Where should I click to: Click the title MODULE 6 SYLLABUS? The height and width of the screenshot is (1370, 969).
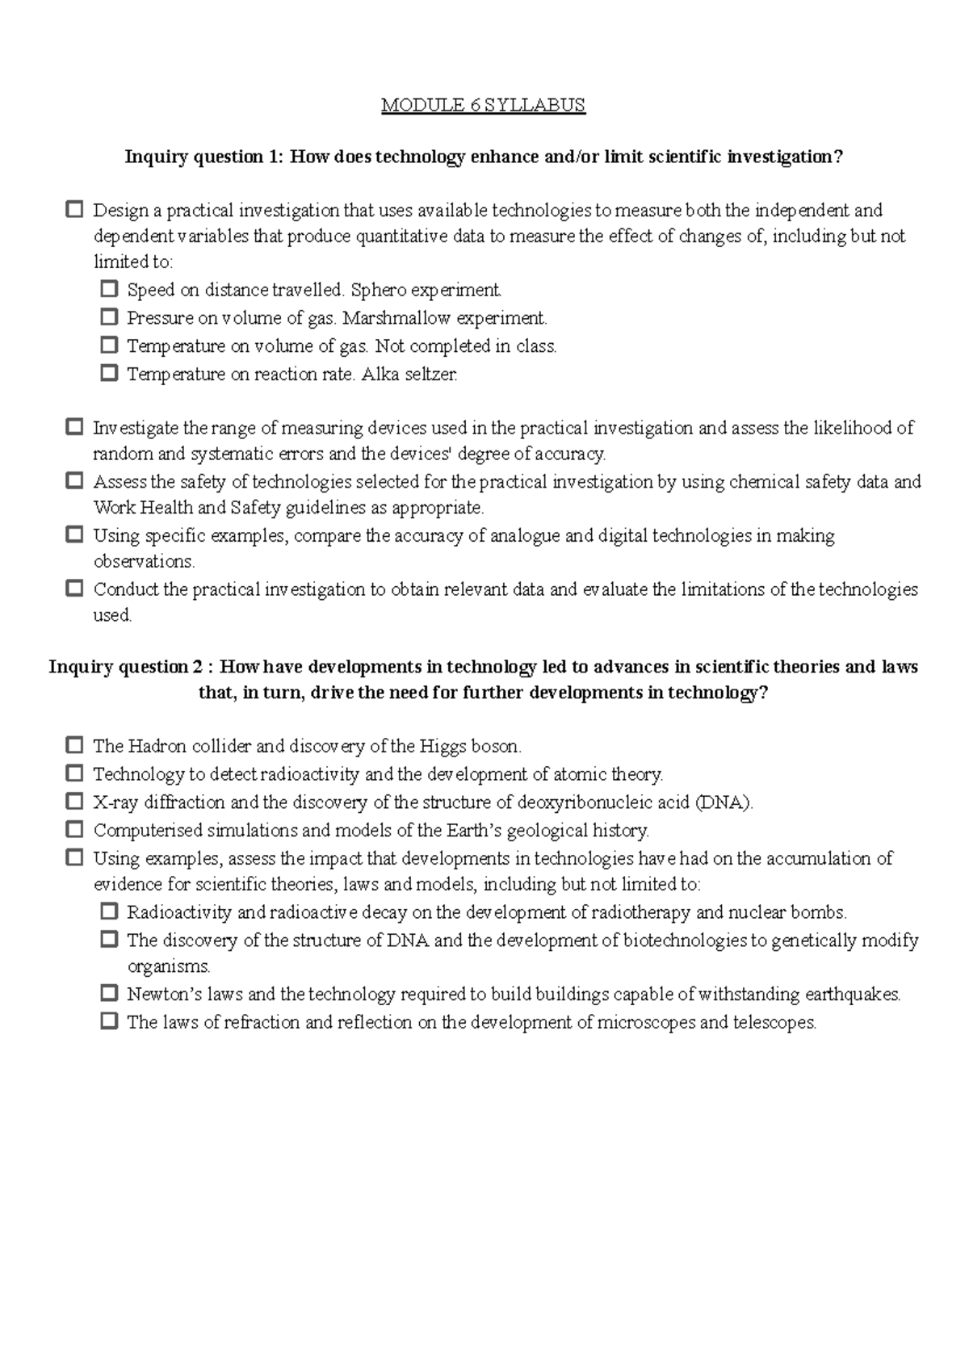tap(483, 105)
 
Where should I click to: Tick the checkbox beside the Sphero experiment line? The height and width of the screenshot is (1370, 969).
tap(109, 289)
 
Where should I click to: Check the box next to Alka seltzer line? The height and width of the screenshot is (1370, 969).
tap(109, 374)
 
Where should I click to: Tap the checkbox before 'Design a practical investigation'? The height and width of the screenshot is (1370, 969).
tap(74, 210)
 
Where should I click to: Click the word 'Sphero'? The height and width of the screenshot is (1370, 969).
tap(379, 290)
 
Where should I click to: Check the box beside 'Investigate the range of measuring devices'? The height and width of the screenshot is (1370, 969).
tap(74, 426)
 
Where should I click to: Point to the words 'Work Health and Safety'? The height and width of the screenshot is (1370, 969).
tap(176, 509)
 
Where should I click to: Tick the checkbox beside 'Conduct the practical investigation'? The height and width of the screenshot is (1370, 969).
tap(74, 589)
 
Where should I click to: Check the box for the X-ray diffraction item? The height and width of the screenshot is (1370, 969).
tap(74, 802)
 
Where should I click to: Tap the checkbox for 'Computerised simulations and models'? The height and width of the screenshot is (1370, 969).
tap(74, 829)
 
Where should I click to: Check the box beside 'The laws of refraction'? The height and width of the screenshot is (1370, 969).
tap(109, 1021)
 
